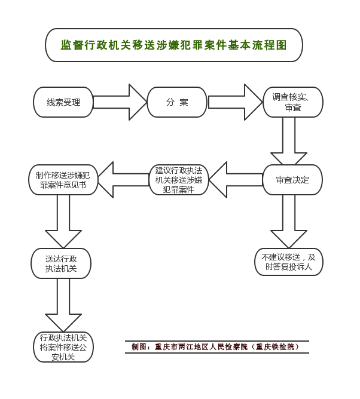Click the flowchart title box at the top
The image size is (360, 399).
[174, 45]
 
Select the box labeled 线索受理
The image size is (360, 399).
[63, 102]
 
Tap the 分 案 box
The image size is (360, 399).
[177, 102]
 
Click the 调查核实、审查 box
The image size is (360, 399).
[293, 102]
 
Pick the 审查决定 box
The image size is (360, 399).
[292, 180]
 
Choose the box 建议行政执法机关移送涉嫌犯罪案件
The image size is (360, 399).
[179, 180]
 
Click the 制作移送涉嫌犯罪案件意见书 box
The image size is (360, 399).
[63, 180]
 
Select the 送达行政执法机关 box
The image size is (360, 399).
[61, 263]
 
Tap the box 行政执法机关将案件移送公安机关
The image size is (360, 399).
[63, 347]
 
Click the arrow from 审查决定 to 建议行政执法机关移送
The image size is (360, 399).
[236, 180]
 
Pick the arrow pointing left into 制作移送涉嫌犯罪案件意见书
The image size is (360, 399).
[123, 180]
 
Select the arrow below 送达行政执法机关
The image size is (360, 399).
[63, 305]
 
